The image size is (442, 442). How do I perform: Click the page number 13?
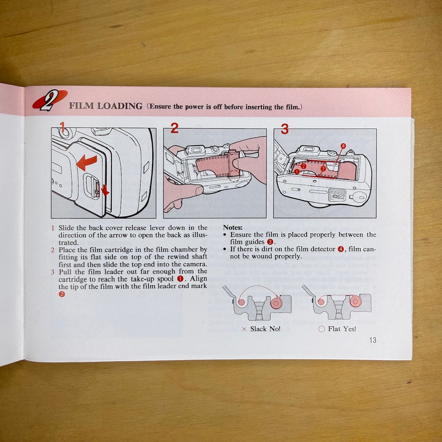coord(373,340)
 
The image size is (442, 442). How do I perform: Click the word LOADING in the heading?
coord(120,106)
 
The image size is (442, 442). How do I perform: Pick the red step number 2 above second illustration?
coord(174,128)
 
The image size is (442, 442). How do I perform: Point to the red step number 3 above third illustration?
coord(285,129)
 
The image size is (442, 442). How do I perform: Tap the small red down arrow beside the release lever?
coord(105,190)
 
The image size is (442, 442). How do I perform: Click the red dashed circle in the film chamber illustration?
coord(235,176)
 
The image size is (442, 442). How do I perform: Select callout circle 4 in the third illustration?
coord(343,146)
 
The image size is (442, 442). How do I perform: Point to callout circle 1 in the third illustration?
coord(297,172)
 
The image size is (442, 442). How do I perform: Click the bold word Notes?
coord(233,227)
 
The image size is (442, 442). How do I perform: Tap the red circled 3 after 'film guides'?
coord(270,242)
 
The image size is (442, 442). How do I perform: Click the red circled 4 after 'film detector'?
coord(341,249)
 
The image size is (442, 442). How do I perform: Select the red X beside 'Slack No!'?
coord(244,329)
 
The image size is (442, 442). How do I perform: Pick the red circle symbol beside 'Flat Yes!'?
coord(322,329)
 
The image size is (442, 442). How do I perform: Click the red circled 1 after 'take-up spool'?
coord(180,279)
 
